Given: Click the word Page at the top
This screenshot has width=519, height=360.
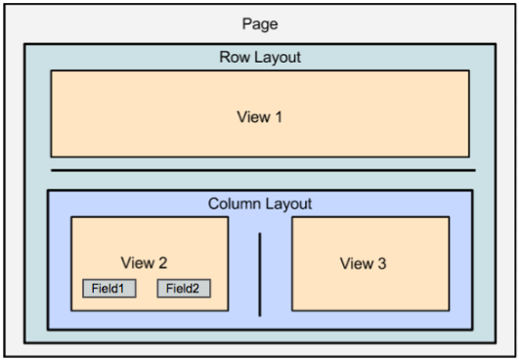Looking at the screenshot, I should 259,23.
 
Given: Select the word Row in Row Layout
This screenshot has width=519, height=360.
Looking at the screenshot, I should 234,58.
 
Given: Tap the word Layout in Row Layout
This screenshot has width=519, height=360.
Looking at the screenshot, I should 277,58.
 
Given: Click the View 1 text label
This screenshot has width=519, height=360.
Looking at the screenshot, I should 259,117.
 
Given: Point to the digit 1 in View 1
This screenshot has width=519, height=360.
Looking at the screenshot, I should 279,117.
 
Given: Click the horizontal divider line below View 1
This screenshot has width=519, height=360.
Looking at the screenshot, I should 262,171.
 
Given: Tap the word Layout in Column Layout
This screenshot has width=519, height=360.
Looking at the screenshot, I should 287,203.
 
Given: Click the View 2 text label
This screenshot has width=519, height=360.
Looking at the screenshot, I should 144,262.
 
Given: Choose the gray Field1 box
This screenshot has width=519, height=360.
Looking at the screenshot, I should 108,289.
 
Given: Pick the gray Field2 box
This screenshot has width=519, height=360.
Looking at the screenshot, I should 183,289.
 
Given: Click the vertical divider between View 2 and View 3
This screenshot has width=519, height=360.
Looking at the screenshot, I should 260,274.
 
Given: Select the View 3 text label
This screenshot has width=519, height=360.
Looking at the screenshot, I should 363,263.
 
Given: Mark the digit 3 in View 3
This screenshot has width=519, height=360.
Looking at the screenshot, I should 381,263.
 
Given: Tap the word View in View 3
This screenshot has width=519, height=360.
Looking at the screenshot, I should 355,263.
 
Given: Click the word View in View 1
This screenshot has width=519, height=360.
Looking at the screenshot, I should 252,117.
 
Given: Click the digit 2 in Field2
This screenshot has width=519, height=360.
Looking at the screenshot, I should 200,289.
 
